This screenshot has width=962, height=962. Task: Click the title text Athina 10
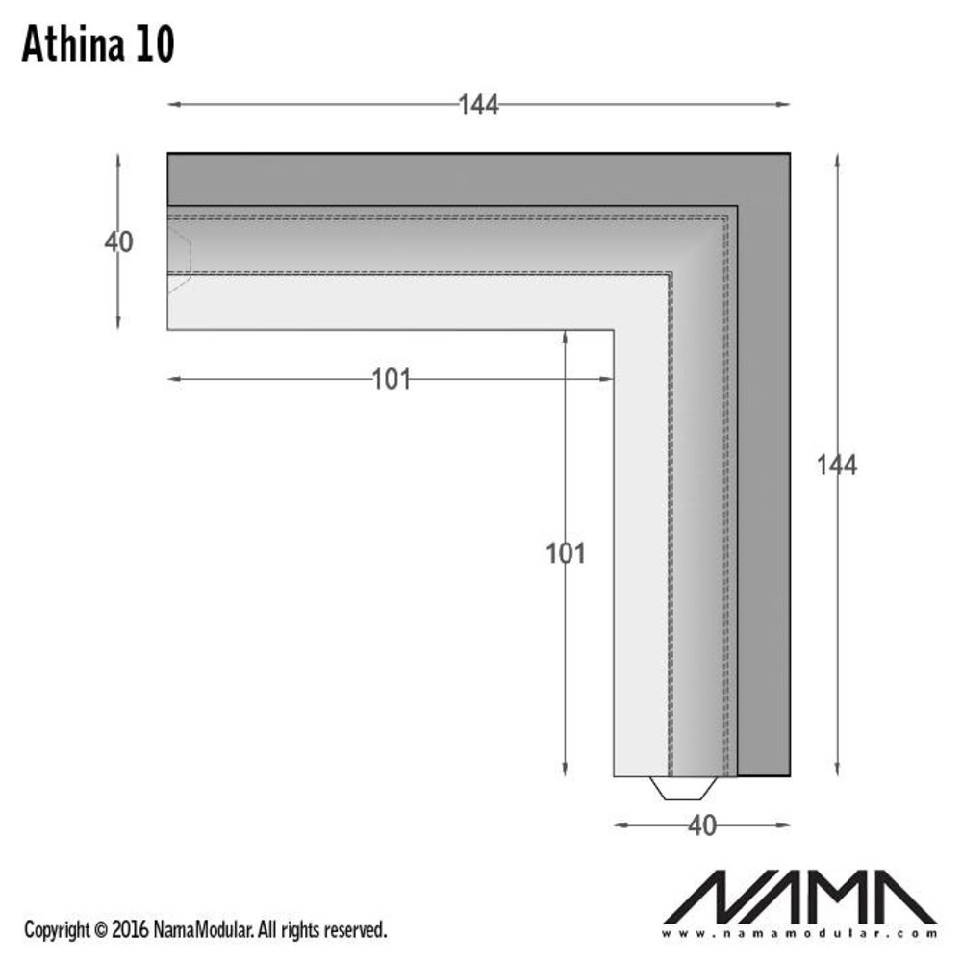point(97,45)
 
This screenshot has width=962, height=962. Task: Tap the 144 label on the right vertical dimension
point(836,465)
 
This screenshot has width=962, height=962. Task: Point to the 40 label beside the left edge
point(118,242)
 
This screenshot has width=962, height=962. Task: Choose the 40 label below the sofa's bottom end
point(702,825)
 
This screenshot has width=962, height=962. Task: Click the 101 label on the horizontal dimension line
point(391,380)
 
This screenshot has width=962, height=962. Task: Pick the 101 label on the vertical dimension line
point(565,553)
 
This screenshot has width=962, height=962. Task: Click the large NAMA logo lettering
point(799,897)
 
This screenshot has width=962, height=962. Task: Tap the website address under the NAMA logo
point(799,933)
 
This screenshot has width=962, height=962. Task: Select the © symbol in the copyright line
point(101,930)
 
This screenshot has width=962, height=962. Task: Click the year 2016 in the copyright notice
point(130,930)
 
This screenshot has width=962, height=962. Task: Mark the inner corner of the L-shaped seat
point(614,330)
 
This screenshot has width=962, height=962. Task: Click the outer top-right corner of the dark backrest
point(789,153)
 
